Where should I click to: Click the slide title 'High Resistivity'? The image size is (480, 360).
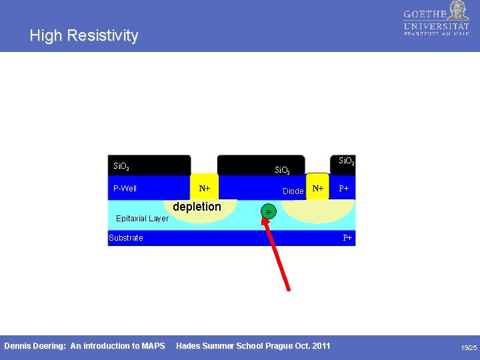(84, 36)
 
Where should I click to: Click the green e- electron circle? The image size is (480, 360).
(268, 212)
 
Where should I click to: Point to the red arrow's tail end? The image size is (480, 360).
(289, 289)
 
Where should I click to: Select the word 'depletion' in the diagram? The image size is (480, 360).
(197, 207)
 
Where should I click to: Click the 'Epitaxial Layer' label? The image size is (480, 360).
(142, 219)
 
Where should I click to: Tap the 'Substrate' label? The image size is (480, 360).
(126, 238)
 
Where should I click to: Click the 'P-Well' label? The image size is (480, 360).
(125, 189)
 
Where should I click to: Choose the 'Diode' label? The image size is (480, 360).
(293, 191)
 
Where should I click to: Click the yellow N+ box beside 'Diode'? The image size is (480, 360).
(318, 188)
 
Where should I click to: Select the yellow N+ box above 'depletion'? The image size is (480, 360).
(204, 188)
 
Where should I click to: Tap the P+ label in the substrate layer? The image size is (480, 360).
(347, 238)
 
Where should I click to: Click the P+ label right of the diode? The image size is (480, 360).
(344, 189)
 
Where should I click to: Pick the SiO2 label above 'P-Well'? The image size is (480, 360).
(121, 166)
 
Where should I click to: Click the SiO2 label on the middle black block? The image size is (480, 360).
(282, 171)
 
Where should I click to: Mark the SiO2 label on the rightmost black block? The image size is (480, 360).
(347, 161)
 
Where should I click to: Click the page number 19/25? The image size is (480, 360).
(469, 348)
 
